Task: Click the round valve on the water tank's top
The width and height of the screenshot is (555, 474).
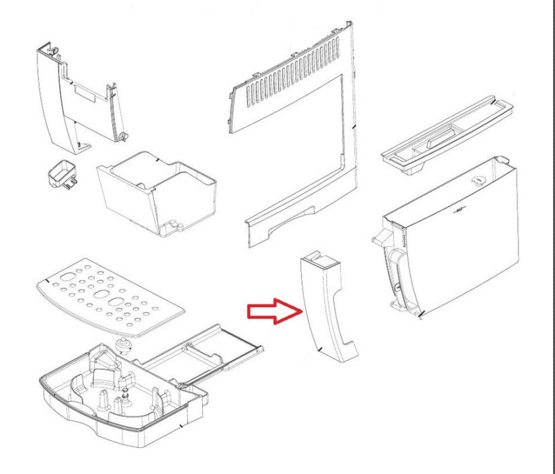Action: [478, 180]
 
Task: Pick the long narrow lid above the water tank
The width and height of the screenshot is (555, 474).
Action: [447, 134]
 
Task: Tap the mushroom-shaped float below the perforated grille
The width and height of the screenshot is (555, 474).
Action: [122, 347]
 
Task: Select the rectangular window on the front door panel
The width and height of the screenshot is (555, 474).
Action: [85, 90]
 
